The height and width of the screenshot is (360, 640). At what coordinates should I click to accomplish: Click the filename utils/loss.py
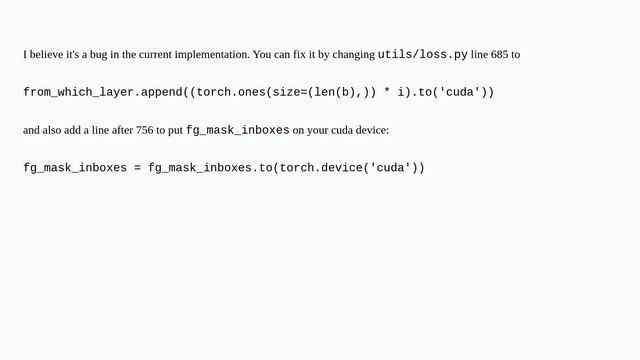click(x=422, y=54)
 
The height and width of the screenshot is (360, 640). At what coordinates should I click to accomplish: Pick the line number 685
click(x=500, y=54)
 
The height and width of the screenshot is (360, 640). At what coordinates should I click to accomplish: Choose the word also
click(x=54, y=130)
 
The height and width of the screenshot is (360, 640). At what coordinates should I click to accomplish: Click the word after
click(x=123, y=130)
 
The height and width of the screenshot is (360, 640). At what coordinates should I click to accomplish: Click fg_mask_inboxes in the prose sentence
click(x=237, y=130)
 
